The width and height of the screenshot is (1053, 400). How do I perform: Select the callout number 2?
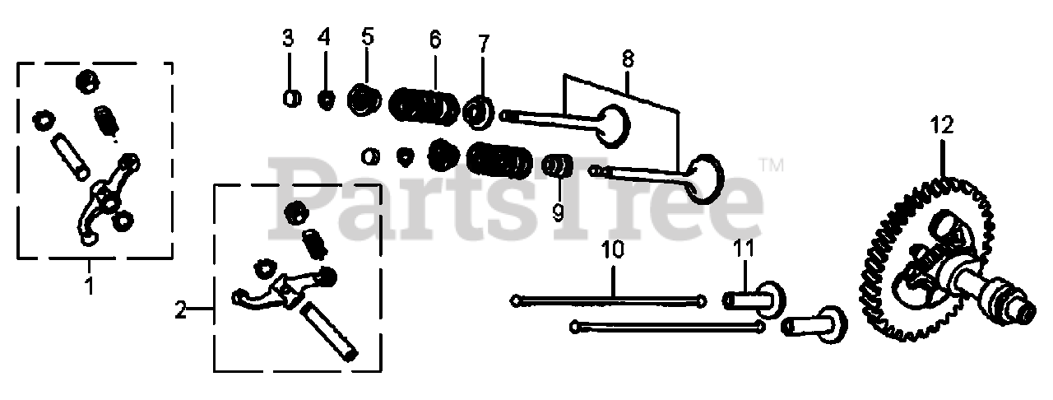[x=181, y=310]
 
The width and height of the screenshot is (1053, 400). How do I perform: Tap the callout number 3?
[x=288, y=37]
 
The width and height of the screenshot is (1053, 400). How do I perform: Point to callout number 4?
[x=325, y=37]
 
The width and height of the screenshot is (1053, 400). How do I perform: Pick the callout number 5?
[x=367, y=35]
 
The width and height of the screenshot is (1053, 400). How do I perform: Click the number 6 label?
[x=435, y=38]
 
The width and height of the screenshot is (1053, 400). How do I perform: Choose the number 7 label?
[x=483, y=41]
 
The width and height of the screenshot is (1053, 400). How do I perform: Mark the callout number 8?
[x=628, y=58]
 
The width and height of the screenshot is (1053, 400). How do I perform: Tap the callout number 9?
[x=558, y=212]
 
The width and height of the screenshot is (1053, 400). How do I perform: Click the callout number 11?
[x=744, y=246]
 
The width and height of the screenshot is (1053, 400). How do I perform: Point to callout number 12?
[x=941, y=125]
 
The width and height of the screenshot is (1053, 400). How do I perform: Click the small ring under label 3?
[x=290, y=98]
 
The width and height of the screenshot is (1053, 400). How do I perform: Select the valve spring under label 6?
[x=424, y=106]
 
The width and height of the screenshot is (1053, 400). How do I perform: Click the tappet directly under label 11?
[x=754, y=297]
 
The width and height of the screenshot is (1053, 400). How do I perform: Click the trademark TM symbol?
[x=770, y=165]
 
